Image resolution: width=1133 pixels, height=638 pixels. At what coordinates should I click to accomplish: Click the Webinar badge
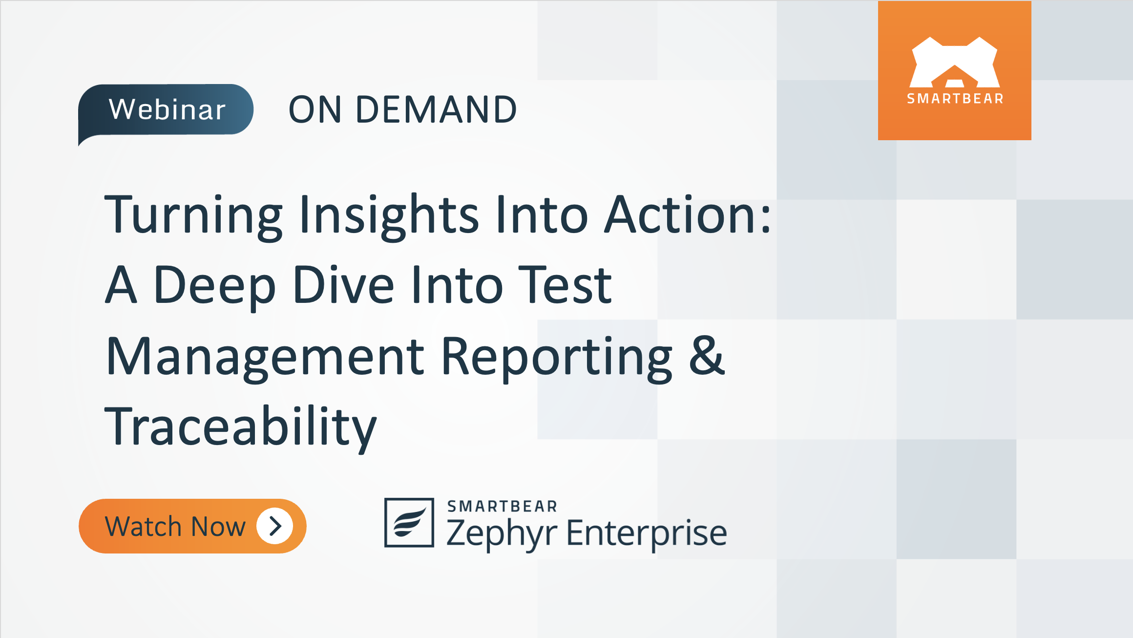click(x=166, y=109)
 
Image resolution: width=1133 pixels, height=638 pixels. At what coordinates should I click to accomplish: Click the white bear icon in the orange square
click(x=954, y=62)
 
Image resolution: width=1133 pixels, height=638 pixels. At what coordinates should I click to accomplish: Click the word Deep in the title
click(x=215, y=286)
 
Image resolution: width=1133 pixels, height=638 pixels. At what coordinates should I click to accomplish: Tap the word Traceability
click(x=240, y=428)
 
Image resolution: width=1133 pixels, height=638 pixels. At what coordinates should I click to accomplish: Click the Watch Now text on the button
click(x=175, y=527)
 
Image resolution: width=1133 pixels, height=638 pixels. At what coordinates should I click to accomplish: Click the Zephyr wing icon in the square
click(x=409, y=523)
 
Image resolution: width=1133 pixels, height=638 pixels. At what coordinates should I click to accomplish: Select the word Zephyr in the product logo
click(x=501, y=533)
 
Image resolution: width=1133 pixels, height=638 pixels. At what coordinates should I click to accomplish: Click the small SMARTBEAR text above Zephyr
click(x=502, y=507)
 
